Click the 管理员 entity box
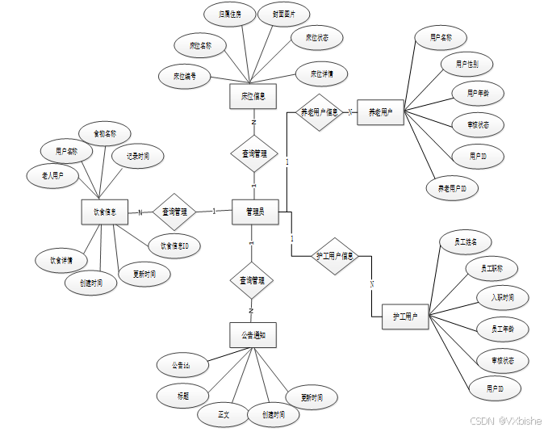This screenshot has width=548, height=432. point(254,212)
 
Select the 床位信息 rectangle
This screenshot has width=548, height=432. point(253,96)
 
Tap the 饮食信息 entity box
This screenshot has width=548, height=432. point(105,213)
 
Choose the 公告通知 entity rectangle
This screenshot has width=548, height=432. point(253,334)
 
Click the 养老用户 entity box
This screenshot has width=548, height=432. point(380,112)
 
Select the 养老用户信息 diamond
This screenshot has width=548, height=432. point(320,112)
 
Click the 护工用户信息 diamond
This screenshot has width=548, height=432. point(336,256)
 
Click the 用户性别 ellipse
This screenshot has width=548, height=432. point(467,64)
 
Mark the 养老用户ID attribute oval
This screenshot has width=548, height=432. point(452,189)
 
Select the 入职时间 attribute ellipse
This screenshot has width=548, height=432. point(501,298)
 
